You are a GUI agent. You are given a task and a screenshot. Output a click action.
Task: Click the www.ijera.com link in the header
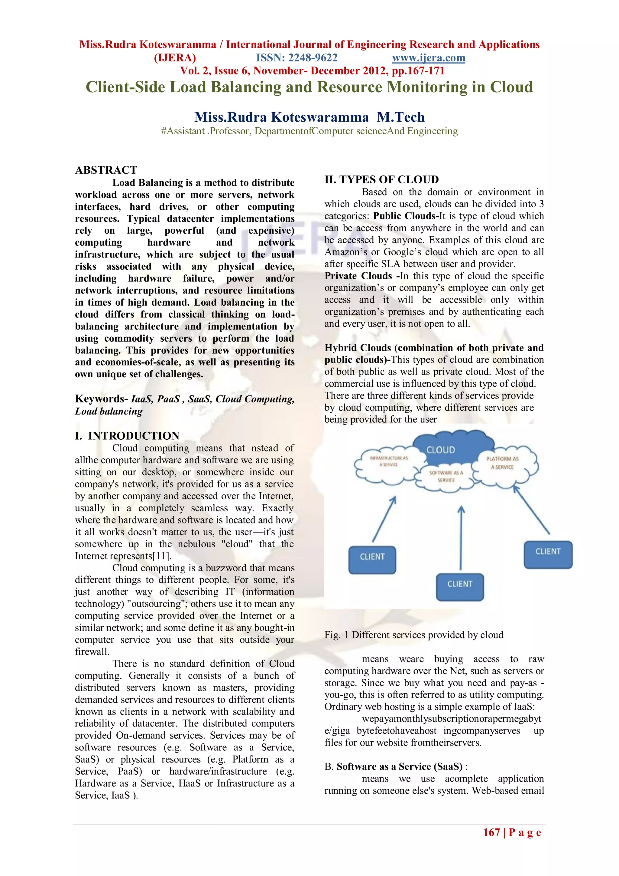[x=428, y=58]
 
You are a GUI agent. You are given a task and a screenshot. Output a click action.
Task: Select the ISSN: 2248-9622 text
[x=297, y=58]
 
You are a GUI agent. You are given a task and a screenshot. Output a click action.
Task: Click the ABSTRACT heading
[x=106, y=170]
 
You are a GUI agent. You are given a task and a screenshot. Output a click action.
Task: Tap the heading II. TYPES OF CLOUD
[x=381, y=180]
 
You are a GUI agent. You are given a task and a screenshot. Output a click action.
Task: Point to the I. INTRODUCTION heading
[x=127, y=436]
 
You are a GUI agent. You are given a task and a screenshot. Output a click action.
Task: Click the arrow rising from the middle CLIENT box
[x=461, y=538]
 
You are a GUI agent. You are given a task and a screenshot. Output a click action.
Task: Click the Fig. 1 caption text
[x=413, y=635]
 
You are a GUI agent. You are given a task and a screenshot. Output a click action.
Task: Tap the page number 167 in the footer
[x=491, y=832]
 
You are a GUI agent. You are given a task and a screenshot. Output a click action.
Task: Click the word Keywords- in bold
[x=101, y=399]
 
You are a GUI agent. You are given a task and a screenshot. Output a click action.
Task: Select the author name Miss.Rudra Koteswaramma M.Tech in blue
[x=309, y=117]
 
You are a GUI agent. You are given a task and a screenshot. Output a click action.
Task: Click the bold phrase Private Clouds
[x=358, y=276]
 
